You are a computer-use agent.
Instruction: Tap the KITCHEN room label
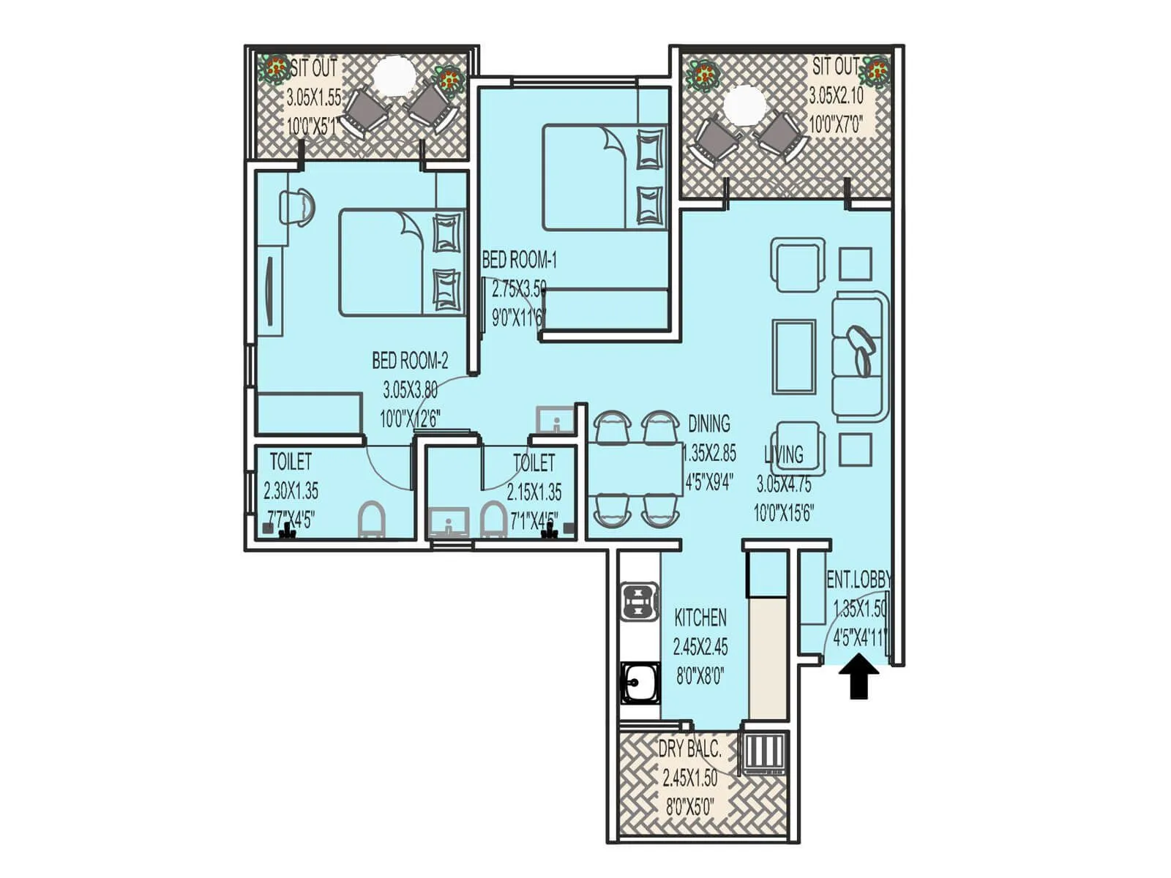pyautogui.click(x=700, y=618)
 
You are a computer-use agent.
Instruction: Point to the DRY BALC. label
pyautogui.click(x=689, y=749)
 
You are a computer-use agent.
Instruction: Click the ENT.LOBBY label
pyautogui.click(x=858, y=580)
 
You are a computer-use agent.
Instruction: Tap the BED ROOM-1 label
pyautogui.click(x=519, y=260)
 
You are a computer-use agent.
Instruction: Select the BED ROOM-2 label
pyautogui.click(x=409, y=361)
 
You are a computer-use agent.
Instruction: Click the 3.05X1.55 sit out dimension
pyautogui.click(x=313, y=97)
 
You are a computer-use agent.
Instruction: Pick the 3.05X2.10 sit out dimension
pyautogui.click(x=836, y=96)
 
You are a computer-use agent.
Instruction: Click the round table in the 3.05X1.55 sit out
pyautogui.click(x=394, y=74)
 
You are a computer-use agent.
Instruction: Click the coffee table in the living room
pyautogui.click(x=794, y=356)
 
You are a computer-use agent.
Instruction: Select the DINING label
pyautogui.click(x=708, y=424)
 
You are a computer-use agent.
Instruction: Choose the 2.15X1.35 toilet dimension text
pyautogui.click(x=534, y=492)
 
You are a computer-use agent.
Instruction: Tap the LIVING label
pyautogui.click(x=784, y=454)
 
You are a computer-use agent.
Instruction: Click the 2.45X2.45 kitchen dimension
pyautogui.click(x=700, y=647)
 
